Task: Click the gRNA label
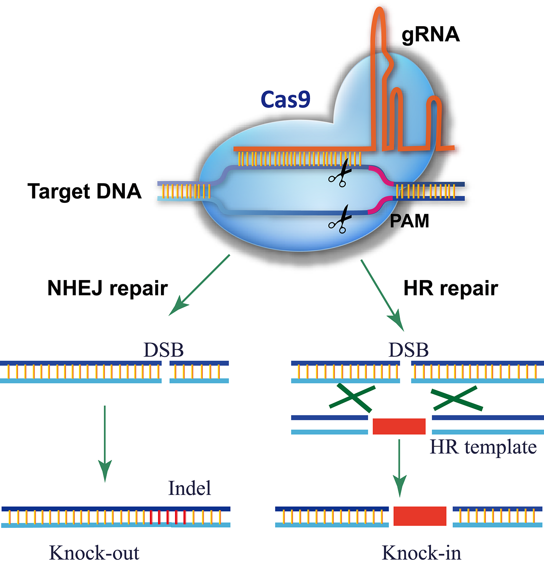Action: pyautogui.click(x=430, y=35)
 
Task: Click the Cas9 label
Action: pyautogui.click(x=285, y=100)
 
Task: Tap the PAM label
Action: pyautogui.click(x=409, y=221)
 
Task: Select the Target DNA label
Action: pyautogui.click(x=85, y=191)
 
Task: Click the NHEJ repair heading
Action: pyautogui.click(x=108, y=288)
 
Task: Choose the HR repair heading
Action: pyautogui.click(x=451, y=288)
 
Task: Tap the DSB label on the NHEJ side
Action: pyautogui.click(x=164, y=350)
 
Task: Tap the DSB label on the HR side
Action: pyautogui.click(x=408, y=350)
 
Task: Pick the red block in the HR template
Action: pyautogui.click(x=399, y=427)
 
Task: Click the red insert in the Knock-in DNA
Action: pyautogui.click(x=420, y=516)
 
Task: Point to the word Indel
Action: pyautogui.click(x=190, y=488)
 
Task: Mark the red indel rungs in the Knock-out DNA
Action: pyautogui.click(x=168, y=517)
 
